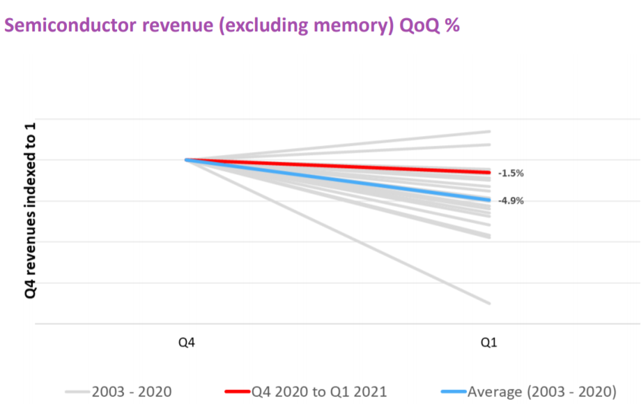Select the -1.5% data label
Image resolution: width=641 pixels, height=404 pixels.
click(x=511, y=172)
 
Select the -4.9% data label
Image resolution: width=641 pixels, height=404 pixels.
click(x=511, y=200)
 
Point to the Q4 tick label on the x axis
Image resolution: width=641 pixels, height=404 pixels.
click(x=187, y=343)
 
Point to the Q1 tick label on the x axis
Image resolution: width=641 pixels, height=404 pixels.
click(x=490, y=343)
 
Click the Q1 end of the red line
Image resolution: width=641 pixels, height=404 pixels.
click(x=490, y=172)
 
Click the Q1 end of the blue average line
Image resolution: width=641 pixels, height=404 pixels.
click(x=490, y=200)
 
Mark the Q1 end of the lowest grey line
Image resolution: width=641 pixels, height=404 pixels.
click(x=490, y=304)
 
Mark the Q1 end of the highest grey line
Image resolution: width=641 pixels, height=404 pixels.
click(x=490, y=131)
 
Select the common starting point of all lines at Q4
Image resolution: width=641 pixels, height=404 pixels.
click(x=187, y=160)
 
